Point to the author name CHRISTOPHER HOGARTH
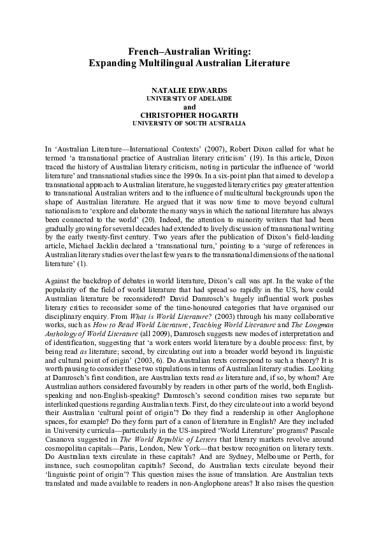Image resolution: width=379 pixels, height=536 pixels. pyautogui.click(x=189, y=115)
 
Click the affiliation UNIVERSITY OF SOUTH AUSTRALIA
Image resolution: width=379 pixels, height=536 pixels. pyautogui.click(x=189, y=123)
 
